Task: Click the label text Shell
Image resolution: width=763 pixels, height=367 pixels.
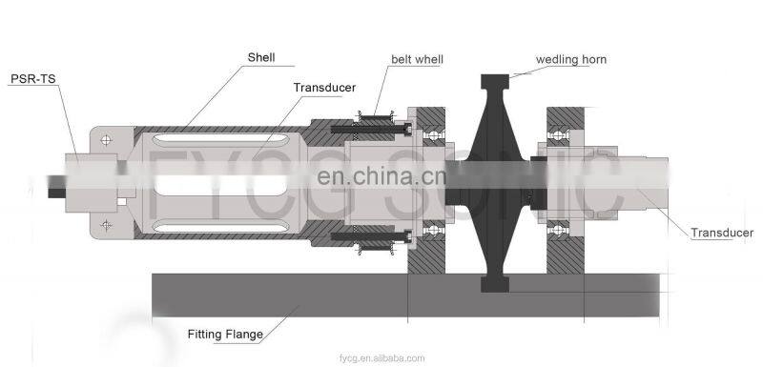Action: pos(261,57)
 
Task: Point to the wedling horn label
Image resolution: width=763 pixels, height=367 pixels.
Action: pos(571,59)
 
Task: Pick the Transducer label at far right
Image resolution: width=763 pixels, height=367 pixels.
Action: pos(722,233)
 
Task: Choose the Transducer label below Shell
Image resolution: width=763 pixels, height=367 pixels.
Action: pos(324,88)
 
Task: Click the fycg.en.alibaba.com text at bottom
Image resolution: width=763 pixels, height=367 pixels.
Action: pos(381,357)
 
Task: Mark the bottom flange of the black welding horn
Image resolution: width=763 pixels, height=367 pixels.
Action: pos(505,283)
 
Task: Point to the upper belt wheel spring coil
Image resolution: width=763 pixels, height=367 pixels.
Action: pos(375,118)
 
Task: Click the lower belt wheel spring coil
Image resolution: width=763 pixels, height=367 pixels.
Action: pos(375,250)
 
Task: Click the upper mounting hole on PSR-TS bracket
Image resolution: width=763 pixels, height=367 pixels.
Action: pos(104,142)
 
